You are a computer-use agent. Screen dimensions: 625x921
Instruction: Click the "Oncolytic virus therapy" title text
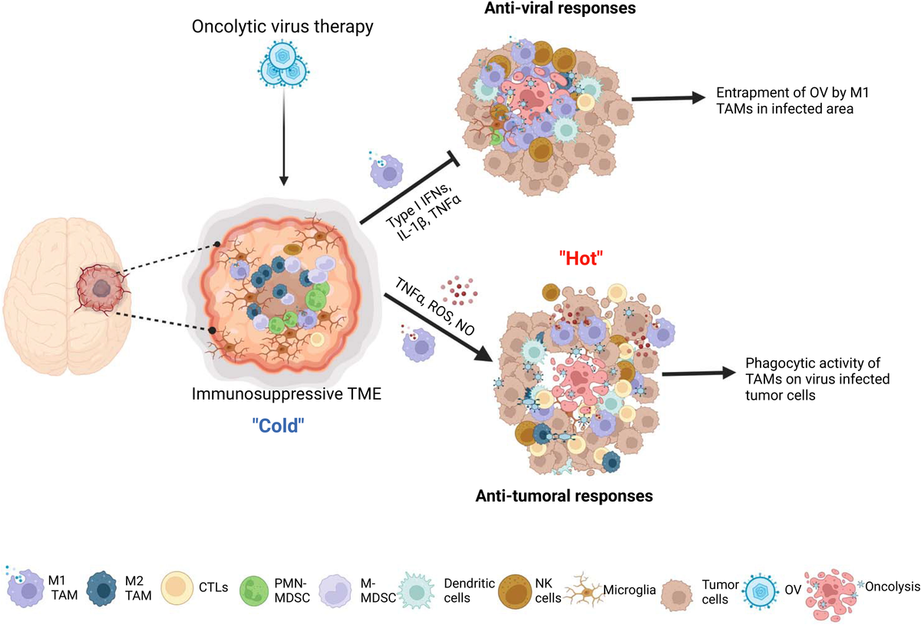coord(284,28)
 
